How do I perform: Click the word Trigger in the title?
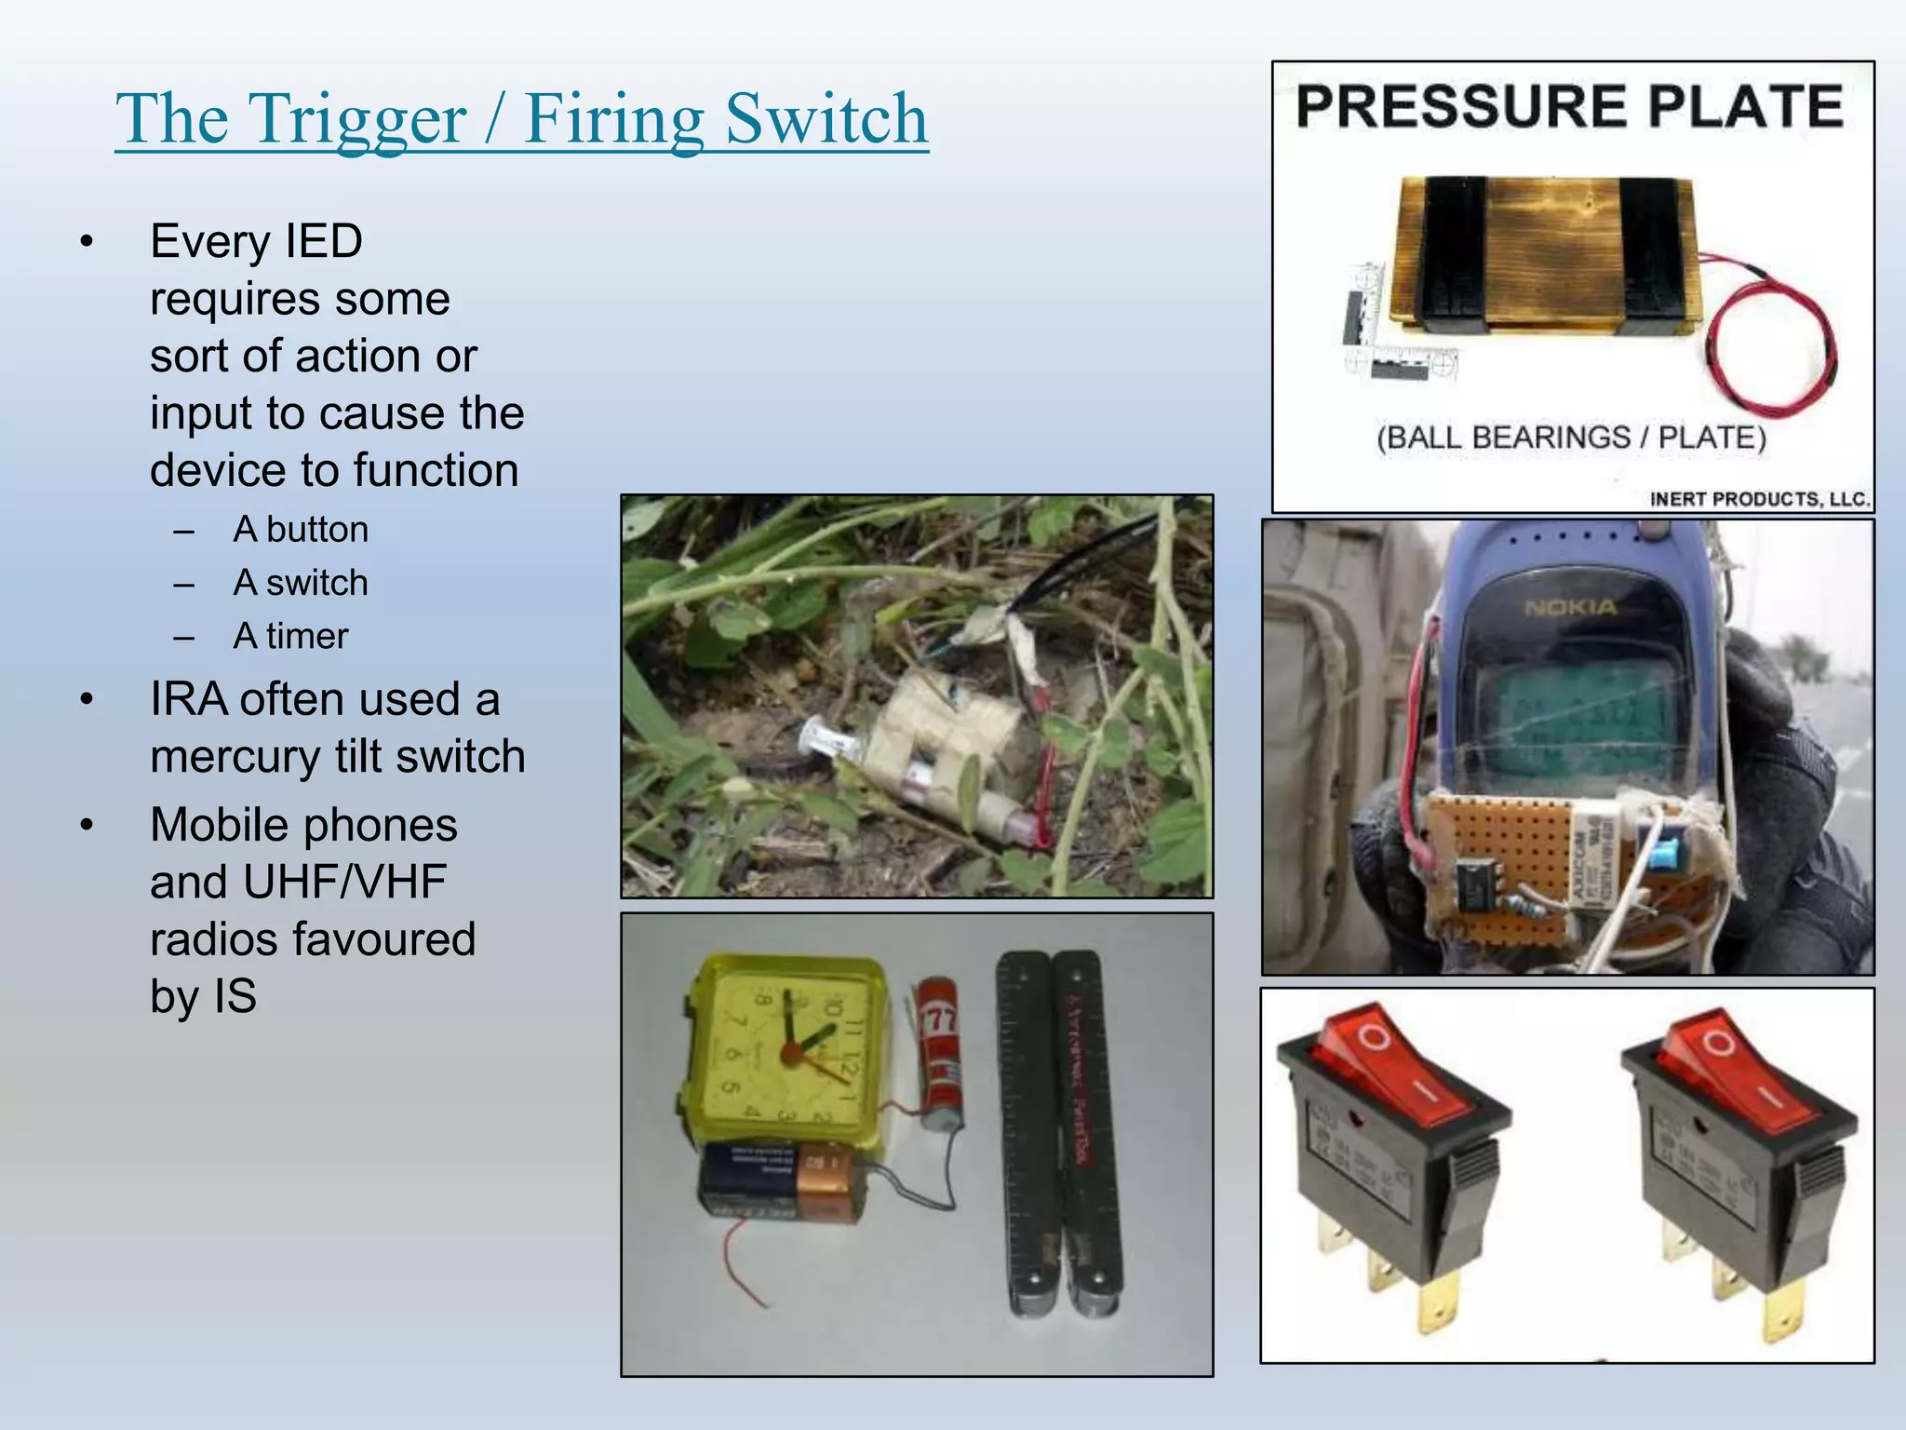tap(357, 121)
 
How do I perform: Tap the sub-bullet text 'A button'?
tap(300, 529)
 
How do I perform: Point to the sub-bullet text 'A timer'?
tap(290, 636)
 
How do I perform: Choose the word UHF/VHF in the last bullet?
tap(344, 882)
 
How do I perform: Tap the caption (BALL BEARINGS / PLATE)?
tap(1571, 437)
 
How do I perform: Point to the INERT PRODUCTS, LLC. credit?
tap(1759, 499)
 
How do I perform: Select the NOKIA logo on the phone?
tap(1571, 607)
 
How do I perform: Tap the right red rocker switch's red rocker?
tap(1737, 1071)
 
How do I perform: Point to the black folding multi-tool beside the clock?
tap(1061, 1136)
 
